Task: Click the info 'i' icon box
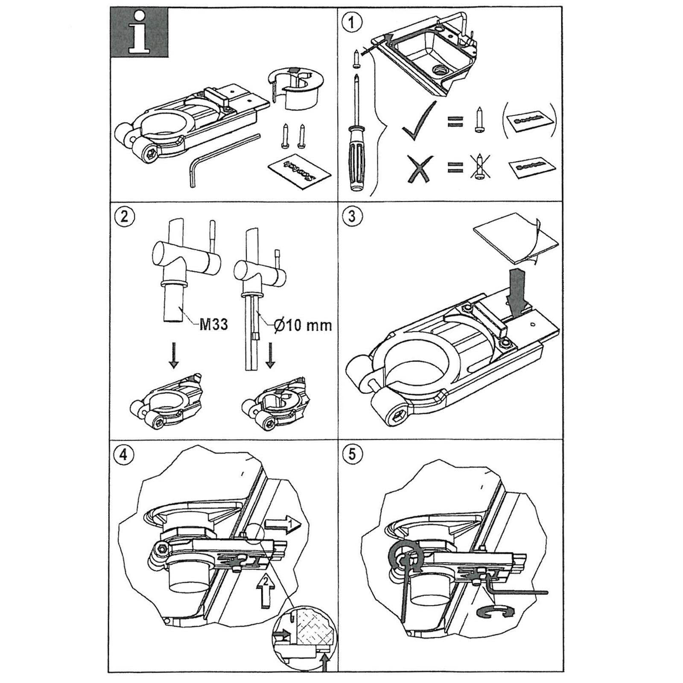139,33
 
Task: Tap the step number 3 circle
351,216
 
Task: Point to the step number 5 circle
351,454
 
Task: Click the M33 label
213,325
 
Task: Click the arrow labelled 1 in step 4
282,524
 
